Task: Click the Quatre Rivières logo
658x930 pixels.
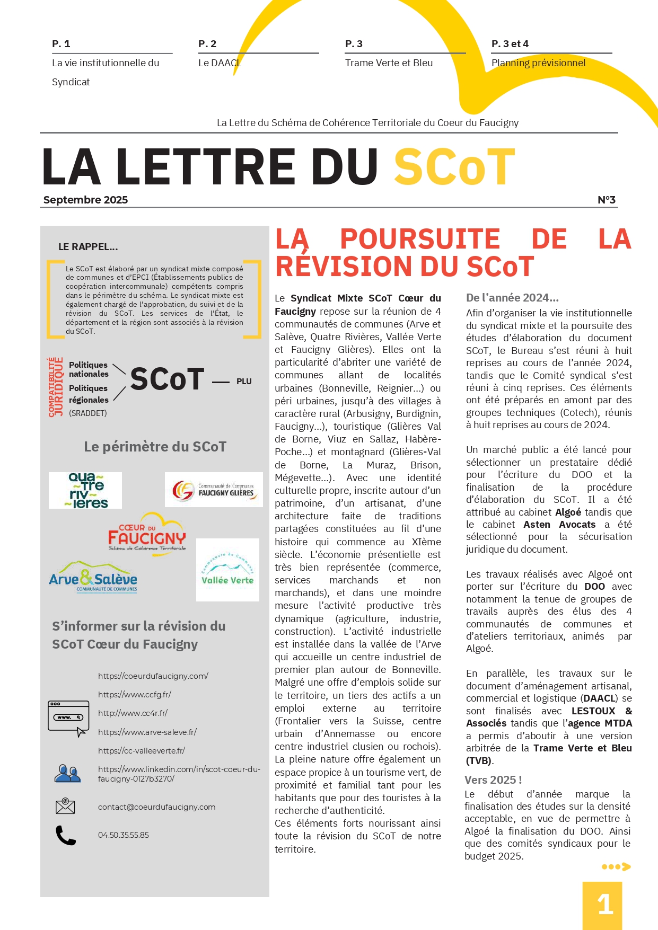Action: click(x=85, y=490)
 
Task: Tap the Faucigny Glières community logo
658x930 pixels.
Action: click(x=214, y=490)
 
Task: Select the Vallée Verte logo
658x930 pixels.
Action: click(x=227, y=570)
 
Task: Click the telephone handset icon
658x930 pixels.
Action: click(x=66, y=835)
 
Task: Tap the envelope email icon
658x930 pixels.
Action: click(x=65, y=806)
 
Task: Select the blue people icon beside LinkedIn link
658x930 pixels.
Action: click(x=67, y=774)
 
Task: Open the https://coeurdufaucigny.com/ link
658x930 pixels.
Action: click(x=153, y=676)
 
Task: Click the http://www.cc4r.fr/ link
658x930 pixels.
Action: click(x=133, y=713)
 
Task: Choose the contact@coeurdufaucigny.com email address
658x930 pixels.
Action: click(x=156, y=807)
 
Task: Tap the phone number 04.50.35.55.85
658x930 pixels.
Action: click(x=124, y=835)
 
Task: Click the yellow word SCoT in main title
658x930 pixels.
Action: click(x=454, y=167)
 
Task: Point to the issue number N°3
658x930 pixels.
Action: click(x=606, y=200)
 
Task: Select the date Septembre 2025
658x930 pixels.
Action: click(x=86, y=200)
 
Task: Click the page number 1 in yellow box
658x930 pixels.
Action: click(x=604, y=904)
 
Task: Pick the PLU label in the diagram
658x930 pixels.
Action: click(x=244, y=382)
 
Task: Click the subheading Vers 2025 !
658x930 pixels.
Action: click(x=493, y=780)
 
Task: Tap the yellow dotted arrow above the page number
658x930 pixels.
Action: click(x=616, y=867)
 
